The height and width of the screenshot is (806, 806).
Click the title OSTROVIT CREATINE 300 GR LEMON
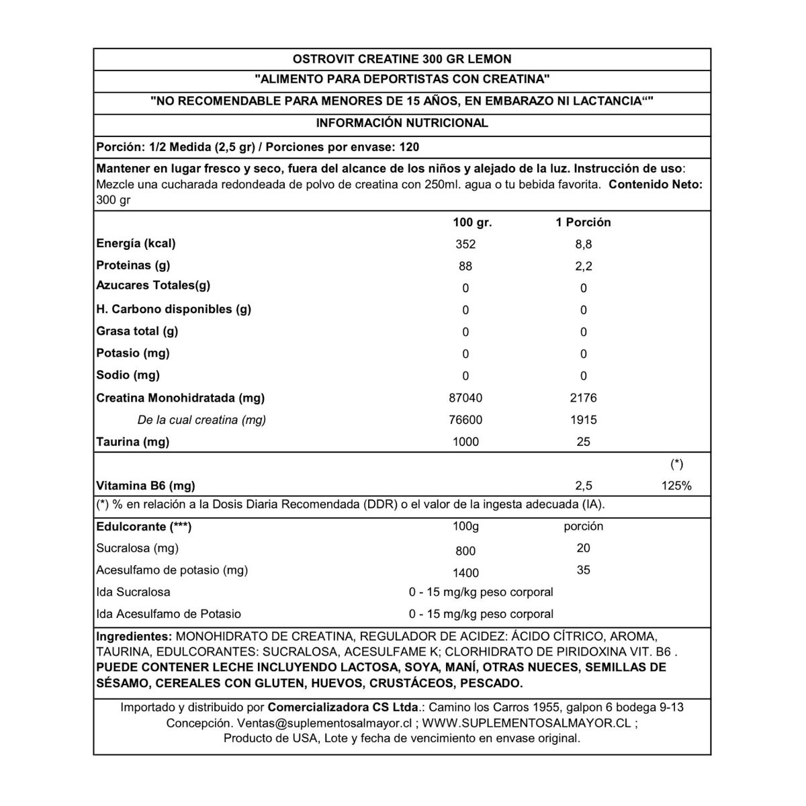(x=402, y=59)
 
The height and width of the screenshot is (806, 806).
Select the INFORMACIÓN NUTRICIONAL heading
(x=402, y=123)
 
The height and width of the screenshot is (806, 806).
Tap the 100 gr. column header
(x=473, y=222)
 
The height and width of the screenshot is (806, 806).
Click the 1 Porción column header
(x=583, y=222)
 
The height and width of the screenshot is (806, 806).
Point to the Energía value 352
(x=465, y=244)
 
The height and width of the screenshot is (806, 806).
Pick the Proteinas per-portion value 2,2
(x=583, y=267)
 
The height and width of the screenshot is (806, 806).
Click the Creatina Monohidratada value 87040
(x=465, y=398)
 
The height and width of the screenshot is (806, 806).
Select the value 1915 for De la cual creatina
(x=583, y=420)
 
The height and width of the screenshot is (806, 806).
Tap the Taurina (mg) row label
(x=133, y=442)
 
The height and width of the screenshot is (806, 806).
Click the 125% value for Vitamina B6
(x=676, y=486)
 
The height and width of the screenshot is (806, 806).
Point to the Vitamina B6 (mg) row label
(x=146, y=486)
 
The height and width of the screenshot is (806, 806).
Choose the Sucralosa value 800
(x=465, y=551)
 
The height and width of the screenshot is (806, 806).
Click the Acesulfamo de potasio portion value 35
(x=583, y=570)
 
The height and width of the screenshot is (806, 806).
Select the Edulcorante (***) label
(x=144, y=527)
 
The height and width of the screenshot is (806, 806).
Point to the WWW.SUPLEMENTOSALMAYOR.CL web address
(x=527, y=723)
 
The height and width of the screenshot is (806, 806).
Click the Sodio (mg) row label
(x=128, y=375)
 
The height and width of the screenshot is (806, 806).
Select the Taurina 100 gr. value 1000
(x=465, y=442)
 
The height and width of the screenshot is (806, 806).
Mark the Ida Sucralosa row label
(x=133, y=592)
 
